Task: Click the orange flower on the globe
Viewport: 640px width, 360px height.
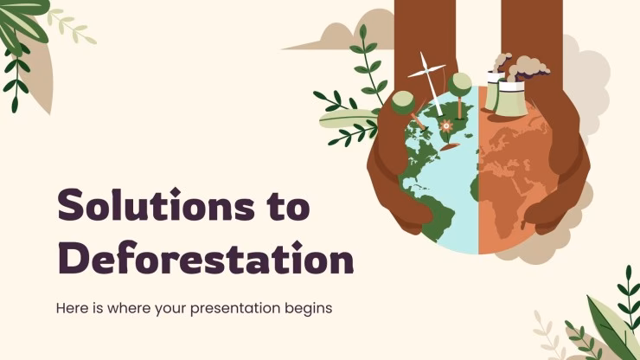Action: (x=446, y=125)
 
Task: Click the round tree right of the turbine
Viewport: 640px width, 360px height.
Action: (x=461, y=85)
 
